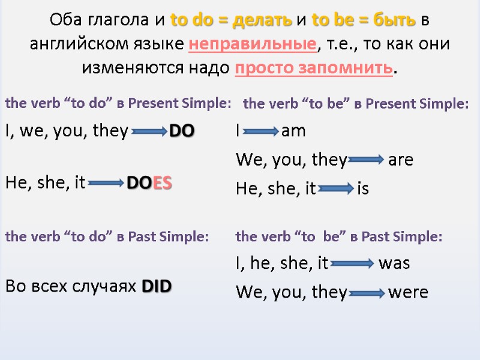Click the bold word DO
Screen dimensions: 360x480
tap(181, 131)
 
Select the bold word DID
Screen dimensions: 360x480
tap(157, 287)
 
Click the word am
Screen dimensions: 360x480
tap(293, 131)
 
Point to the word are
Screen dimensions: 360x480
tap(401, 160)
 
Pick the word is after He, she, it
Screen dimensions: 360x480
tap(363, 190)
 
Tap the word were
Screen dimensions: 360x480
tap(408, 293)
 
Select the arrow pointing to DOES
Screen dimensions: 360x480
tap(106, 184)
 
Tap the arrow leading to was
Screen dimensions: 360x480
tap(352, 263)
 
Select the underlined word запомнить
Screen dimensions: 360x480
tap(355, 67)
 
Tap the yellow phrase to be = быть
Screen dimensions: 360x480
tap(364, 20)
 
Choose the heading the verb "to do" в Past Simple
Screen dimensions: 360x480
tap(107, 237)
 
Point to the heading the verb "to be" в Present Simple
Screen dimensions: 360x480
tap(356, 104)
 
